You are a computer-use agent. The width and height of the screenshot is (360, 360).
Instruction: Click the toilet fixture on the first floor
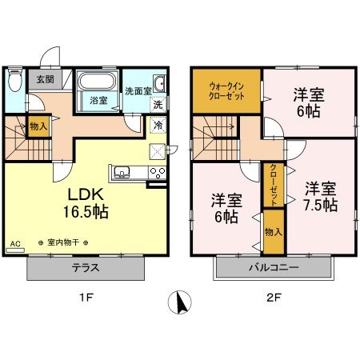pos(14,80)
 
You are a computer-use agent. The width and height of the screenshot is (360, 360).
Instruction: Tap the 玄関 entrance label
pos(45,79)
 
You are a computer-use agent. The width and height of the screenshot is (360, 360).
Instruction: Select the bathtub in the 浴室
pos(97,81)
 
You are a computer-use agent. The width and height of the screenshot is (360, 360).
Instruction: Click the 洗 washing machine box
pos(158,105)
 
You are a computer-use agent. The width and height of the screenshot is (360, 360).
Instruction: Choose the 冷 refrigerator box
pos(158,125)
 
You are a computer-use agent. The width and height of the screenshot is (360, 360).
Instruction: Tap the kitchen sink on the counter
pos(122,173)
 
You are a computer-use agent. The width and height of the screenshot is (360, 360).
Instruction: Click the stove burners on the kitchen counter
pos(158,173)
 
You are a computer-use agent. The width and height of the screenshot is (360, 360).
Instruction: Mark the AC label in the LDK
pos(15,243)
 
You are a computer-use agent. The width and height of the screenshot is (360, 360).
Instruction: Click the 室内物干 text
pos(63,242)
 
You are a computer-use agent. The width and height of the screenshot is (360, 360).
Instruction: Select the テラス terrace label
pos(86,268)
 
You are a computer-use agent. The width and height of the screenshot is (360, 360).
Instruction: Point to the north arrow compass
pos(180,302)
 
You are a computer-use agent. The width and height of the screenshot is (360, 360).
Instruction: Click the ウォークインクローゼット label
pos(226,91)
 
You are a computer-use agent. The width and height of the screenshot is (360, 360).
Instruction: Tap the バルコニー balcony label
pos(274,267)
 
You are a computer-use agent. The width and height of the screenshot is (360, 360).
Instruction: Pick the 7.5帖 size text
pos(321,205)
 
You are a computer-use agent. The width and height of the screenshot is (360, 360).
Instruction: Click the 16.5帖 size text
pos(86,212)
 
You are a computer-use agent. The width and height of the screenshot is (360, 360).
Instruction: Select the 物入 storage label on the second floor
pos(274,232)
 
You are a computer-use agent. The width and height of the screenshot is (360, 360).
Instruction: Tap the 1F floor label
pos(86,298)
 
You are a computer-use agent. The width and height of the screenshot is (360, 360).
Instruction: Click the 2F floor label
pos(274,298)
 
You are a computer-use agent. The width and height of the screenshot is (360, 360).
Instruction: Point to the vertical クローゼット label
pos(274,185)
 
